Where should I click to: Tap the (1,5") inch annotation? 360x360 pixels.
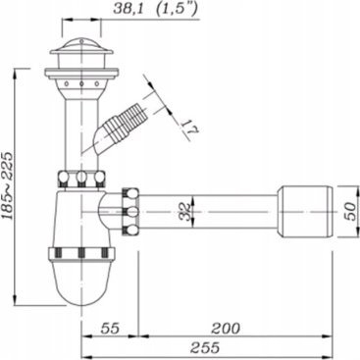click(177, 9)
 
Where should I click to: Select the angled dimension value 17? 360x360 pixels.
click(189, 129)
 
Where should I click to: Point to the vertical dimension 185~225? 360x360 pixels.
click(8, 186)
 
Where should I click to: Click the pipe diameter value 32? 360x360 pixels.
click(185, 212)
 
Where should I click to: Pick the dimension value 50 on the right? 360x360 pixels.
click(349, 212)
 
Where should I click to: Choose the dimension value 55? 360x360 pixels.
click(110, 328)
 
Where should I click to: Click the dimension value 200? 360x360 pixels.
click(226, 328)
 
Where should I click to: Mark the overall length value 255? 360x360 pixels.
click(205, 348)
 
